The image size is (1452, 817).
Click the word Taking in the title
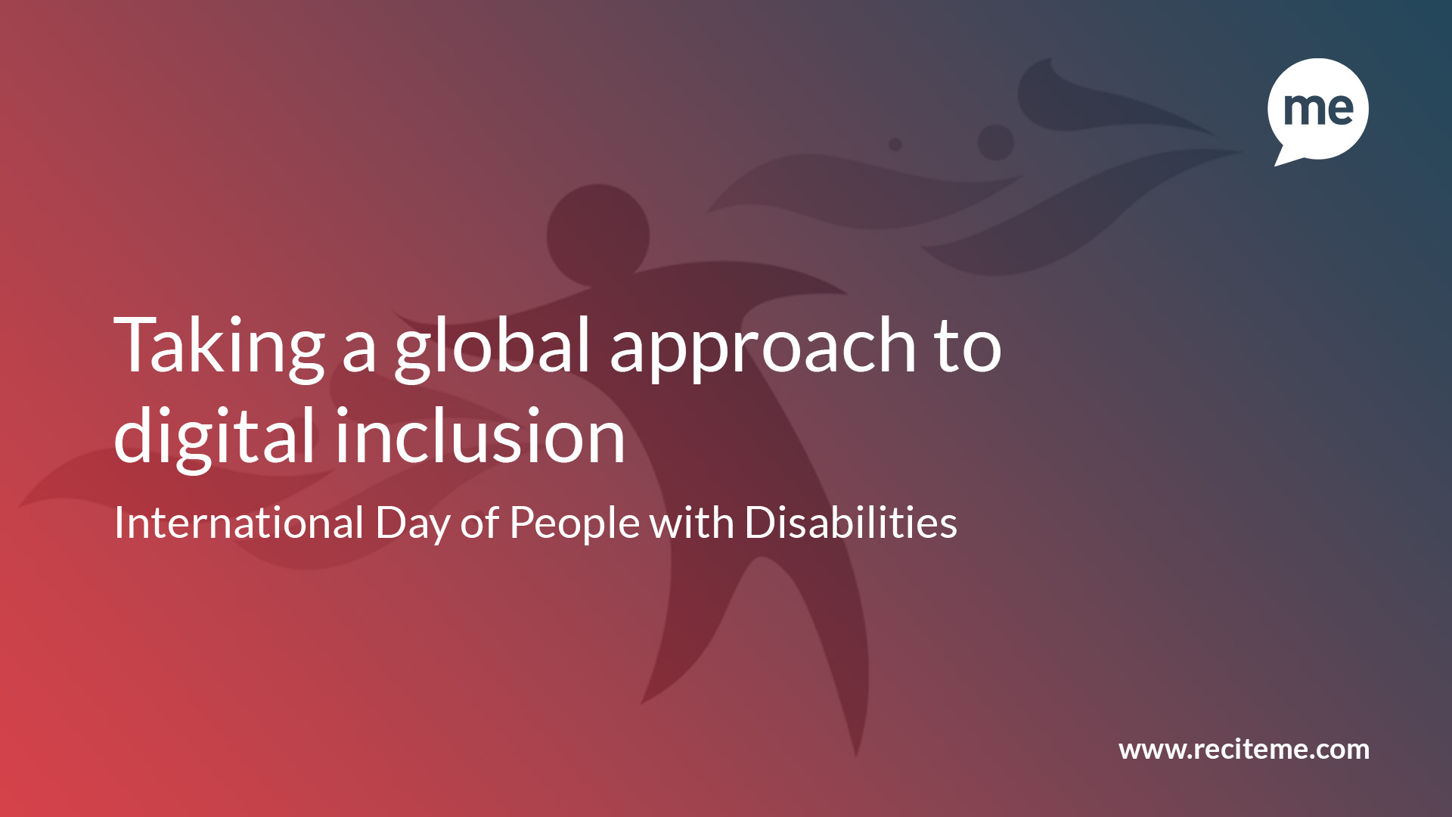click(219, 349)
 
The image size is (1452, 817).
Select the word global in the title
click(492, 349)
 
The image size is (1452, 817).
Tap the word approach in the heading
click(763, 349)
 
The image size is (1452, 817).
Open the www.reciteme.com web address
click(1244, 749)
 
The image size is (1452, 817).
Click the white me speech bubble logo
click(1318, 109)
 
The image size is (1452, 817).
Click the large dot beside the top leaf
click(995, 141)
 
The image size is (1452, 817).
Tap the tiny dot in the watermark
click(895, 144)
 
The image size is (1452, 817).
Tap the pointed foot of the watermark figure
click(856, 753)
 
